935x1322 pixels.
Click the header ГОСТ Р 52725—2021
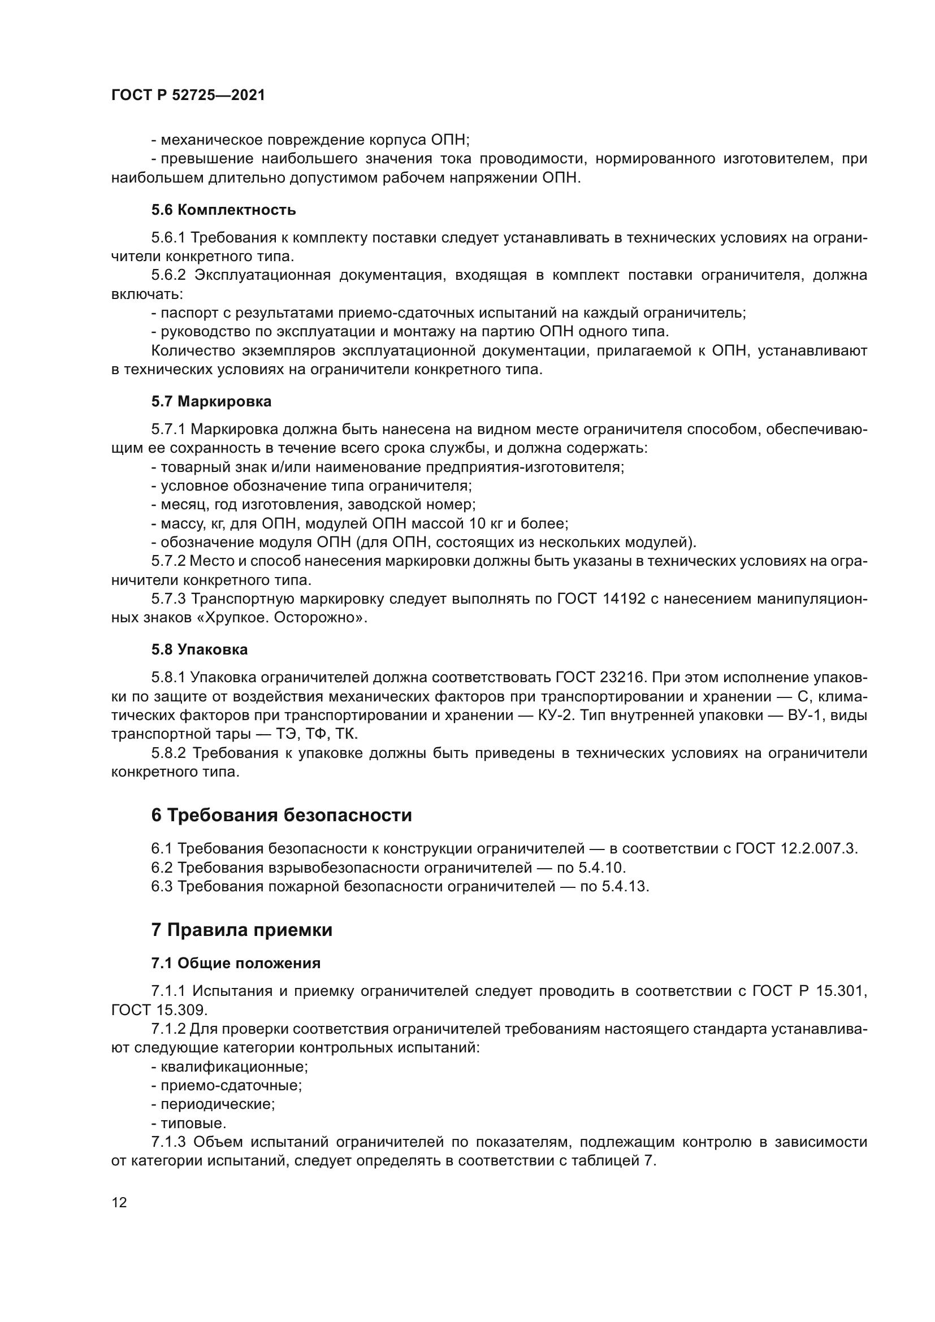pyautogui.click(x=188, y=96)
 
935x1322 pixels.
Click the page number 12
pyautogui.click(x=119, y=1202)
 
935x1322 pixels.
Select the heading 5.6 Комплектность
pyautogui.click(x=223, y=210)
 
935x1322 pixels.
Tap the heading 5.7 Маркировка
pyautogui.click(x=211, y=402)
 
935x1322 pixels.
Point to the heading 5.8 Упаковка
pyautogui.click(x=199, y=650)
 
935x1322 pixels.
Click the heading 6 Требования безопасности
pyautogui.click(x=282, y=816)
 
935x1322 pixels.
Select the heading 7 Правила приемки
pyautogui.click(x=242, y=930)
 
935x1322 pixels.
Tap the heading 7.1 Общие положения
pyautogui.click(x=236, y=963)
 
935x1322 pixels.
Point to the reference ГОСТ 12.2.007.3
pyautogui.click(x=797, y=849)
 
